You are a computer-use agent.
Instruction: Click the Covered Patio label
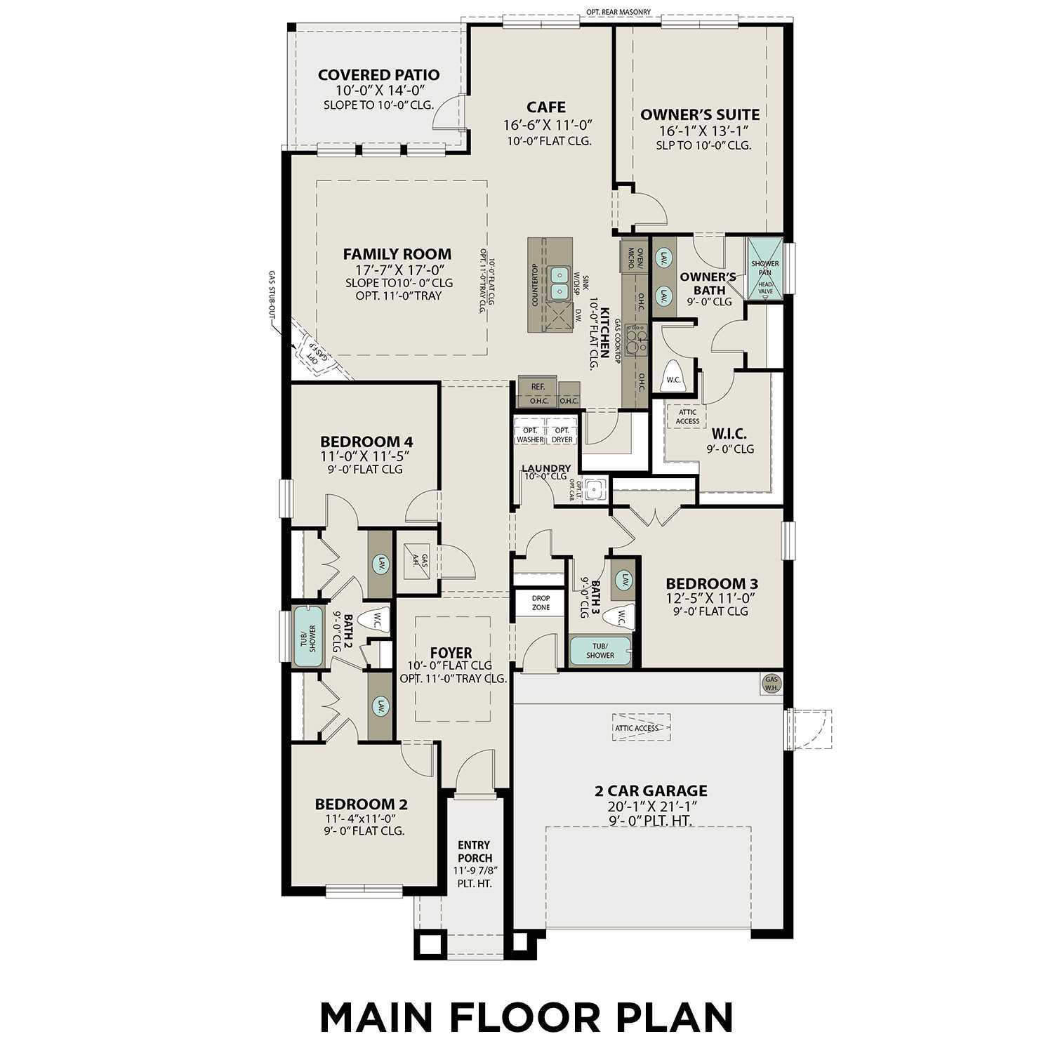click(378, 75)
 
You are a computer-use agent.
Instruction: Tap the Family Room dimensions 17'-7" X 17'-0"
click(397, 270)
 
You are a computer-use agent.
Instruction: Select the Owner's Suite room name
click(700, 114)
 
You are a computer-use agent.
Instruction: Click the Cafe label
click(546, 107)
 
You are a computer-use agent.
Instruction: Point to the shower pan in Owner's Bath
click(764, 268)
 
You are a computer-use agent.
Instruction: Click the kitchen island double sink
click(559, 282)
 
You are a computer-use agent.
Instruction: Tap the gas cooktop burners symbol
click(636, 340)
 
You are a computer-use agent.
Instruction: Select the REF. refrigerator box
click(538, 386)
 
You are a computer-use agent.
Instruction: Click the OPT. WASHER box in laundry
click(530, 435)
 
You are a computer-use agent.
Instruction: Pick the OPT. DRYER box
click(562, 435)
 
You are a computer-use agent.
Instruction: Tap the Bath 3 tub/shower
click(600, 650)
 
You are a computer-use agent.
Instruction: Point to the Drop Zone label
click(541, 603)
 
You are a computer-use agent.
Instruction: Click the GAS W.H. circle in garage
click(772, 684)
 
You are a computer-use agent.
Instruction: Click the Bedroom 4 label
click(366, 442)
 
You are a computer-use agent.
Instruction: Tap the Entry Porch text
click(475, 852)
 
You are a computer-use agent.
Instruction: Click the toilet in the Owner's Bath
click(673, 377)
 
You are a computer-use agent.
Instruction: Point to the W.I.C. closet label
click(729, 434)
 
